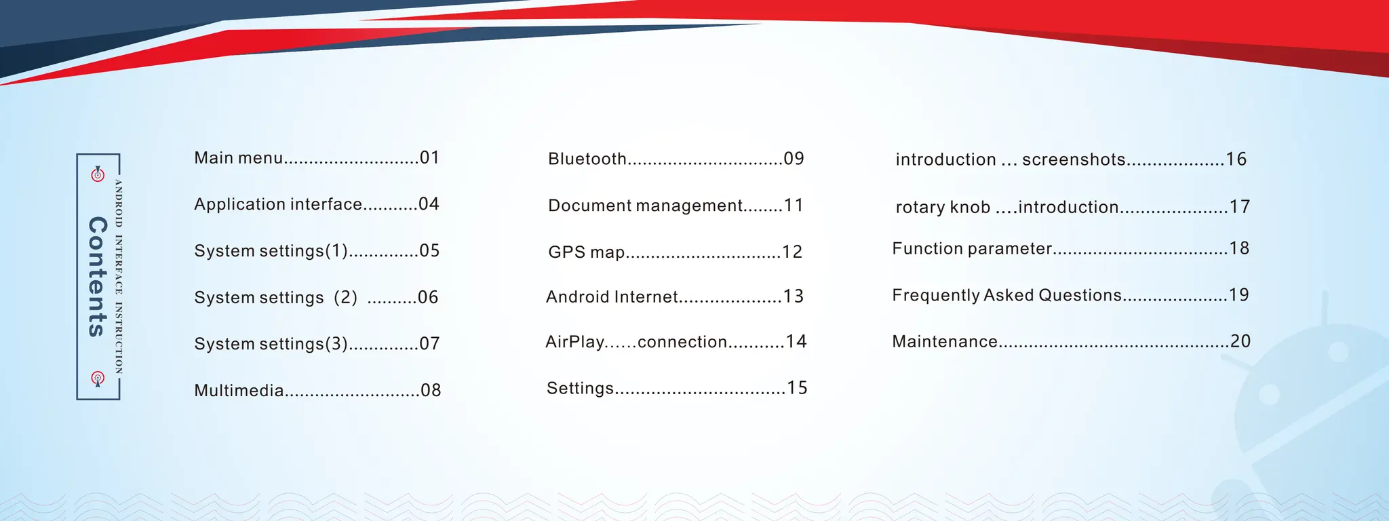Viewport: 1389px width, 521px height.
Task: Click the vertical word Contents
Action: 98,277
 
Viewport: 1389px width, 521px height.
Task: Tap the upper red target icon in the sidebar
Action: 98,174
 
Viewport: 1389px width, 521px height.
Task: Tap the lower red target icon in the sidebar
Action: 98,378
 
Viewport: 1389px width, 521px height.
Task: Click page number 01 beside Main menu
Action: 429,158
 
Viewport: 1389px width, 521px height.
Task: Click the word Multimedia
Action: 239,391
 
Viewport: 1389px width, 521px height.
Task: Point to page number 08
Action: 431,390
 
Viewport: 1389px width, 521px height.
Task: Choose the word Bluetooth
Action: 587,159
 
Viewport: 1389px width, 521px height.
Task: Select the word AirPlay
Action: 574,342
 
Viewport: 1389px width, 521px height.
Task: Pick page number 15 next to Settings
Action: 797,388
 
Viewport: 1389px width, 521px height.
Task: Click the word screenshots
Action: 1074,159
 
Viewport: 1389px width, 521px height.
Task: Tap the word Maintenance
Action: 945,342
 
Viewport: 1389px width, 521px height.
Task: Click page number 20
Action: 1240,341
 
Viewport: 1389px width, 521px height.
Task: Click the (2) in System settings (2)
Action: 345,298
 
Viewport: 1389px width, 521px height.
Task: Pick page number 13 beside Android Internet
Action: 794,296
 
